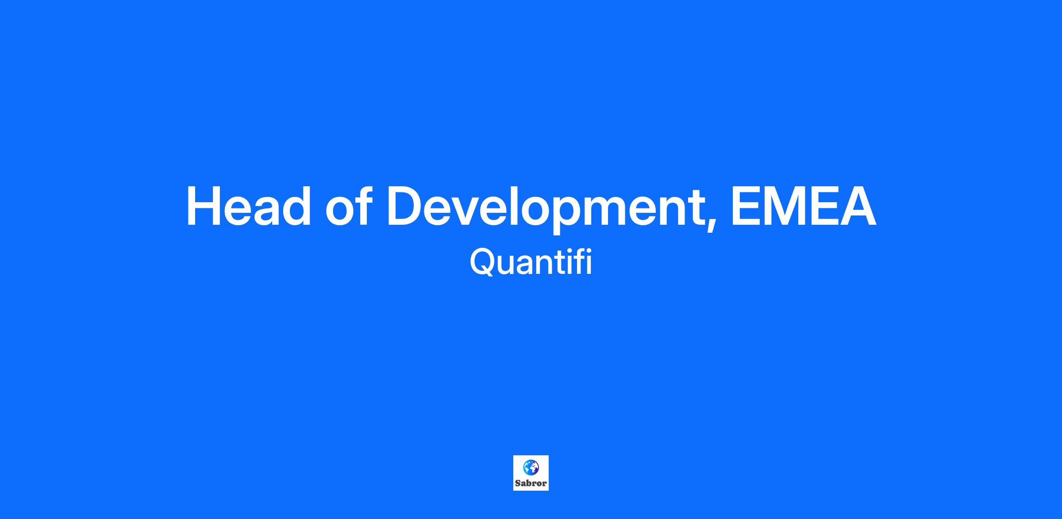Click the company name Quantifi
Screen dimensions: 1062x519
[x=531, y=262]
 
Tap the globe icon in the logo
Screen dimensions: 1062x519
[x=531, y=467]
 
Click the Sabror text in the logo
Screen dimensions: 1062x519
[x=531, y=484]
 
